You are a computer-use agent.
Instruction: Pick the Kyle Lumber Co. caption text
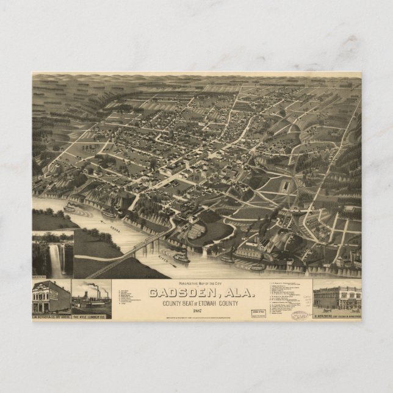pyautogui.click(x=92, y=317)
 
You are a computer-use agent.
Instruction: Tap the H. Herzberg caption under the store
pyautogui.click(x=337, y=317)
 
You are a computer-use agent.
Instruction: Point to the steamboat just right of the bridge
pyautogui.click(x=181, y=258)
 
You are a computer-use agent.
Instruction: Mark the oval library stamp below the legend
pyautogui.click(x=299, y=315)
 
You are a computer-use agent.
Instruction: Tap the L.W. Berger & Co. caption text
pyautogui.click(x=51, y=317)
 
